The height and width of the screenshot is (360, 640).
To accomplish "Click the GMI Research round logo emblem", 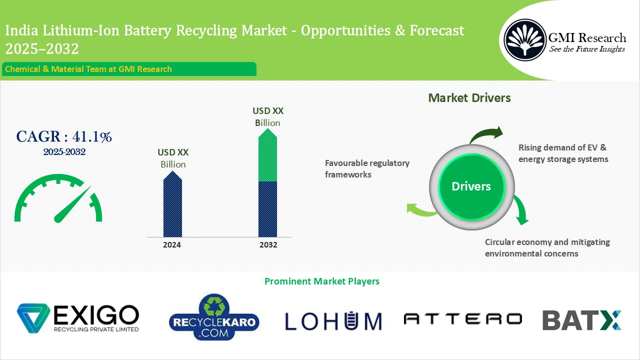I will [x=524, y=39].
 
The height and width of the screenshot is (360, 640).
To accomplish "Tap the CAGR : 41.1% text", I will [x=64, y=136].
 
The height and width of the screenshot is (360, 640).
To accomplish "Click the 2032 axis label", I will [x=268, y=245].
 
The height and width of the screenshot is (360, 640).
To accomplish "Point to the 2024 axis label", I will [x=172, y=245].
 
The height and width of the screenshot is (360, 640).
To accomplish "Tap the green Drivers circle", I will [x=471, y=186].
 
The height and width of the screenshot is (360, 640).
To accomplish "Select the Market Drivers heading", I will [x=469, y=98].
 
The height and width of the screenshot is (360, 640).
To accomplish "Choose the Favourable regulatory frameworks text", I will [x=367, y=168].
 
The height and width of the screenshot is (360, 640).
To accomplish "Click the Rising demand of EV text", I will [x=563, y=153].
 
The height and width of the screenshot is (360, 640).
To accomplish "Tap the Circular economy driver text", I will [x=547, y=247].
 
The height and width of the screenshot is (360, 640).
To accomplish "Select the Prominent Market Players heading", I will [x=321, y=281].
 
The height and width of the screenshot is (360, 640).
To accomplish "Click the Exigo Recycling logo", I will [x=78, y=318].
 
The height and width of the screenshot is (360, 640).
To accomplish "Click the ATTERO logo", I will [x=462, y=319].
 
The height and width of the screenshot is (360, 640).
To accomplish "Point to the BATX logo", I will [x=582, y=320].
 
